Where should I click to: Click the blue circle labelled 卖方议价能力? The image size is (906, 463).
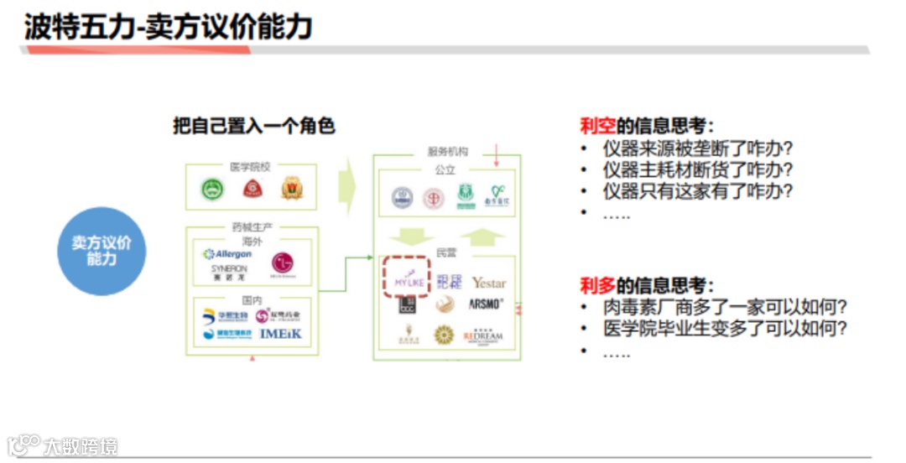point(101,251)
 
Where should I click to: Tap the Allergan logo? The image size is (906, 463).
point(227,254)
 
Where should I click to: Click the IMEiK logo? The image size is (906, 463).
point(280,334)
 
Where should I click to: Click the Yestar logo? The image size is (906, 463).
point(488,283)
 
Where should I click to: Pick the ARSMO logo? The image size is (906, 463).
point(487,304)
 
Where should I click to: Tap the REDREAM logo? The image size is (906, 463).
point(483,336)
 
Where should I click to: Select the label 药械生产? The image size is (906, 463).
point(253,226)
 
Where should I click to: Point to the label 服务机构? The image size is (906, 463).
point(447,152)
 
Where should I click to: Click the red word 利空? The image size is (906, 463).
point(597,126)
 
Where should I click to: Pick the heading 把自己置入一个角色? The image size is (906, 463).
point(254,126)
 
